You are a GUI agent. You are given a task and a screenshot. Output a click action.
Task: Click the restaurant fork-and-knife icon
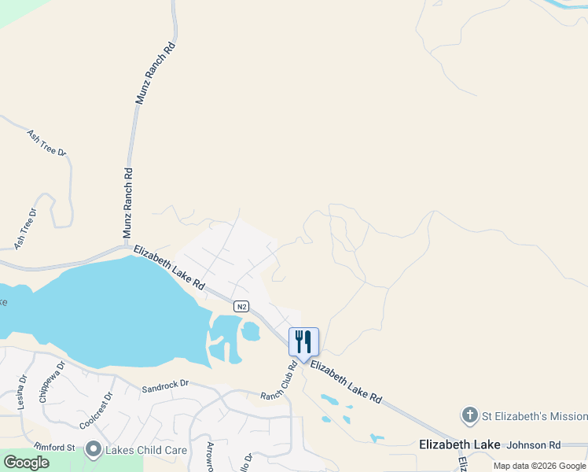[x=303, y=341]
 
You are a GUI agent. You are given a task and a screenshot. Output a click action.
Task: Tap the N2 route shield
[x=242, y=305]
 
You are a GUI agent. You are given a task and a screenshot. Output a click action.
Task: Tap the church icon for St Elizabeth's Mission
[x=469, y=415]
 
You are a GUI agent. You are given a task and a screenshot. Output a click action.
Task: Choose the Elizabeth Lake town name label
[x=459, y=445]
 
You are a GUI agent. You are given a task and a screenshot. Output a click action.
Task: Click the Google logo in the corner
[x=26, y=463]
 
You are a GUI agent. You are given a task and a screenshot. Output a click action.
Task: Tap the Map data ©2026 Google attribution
[x=539, y=466]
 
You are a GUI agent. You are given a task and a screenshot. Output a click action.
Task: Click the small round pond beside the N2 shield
[x=251, y=332]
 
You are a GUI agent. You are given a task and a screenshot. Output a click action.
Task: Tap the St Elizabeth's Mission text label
[x=535, y=415]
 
